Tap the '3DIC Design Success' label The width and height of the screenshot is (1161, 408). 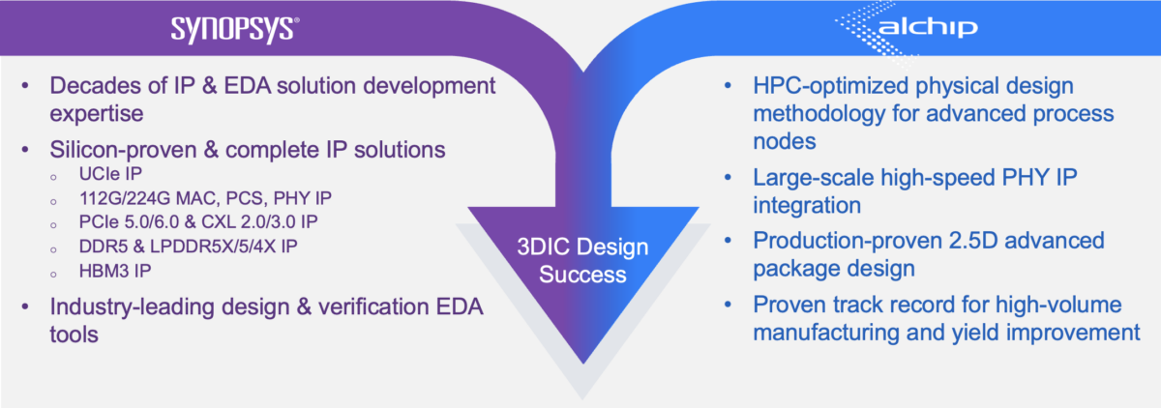click(x=582, y=261)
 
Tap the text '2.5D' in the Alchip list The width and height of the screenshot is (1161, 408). click(x=971, y=240)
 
